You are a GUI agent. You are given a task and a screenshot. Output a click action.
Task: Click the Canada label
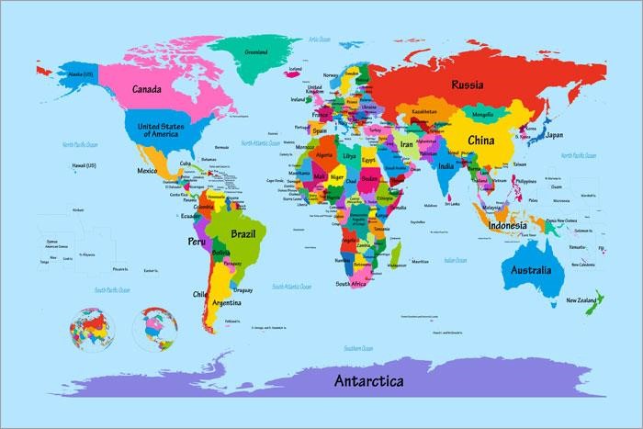coord(147,90)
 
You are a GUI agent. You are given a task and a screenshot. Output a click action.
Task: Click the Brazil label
coord(243,233)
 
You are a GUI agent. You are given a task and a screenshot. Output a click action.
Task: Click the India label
coord(446,166)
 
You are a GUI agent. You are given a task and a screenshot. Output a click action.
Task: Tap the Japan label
coord(554,135)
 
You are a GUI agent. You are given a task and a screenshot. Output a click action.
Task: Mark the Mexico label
coord(147,171)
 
